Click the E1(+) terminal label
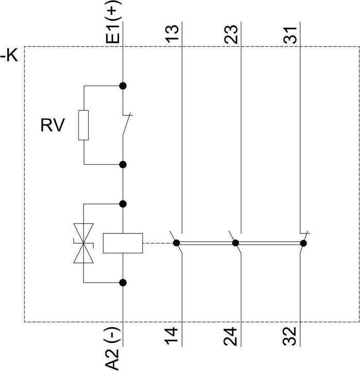(113, 22)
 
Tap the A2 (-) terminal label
(112, 349)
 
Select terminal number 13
(172, 34)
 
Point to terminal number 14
(171, 336)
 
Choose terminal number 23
(231, 35)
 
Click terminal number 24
(230, 336)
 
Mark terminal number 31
(290, 35)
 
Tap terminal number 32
(289, 336)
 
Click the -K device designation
(9, 56)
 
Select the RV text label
(52, 125)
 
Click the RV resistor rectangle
(84, 125)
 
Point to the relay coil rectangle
(123, 243)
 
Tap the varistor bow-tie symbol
(84, 243)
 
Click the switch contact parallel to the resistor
(127, 125)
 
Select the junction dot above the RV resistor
(123, 86)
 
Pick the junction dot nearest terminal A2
(123, 283)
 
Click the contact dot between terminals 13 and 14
(176, 243)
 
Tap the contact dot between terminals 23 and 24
(235, 243)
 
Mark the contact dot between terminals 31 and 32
(303, 243)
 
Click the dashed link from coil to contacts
(158, 243)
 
